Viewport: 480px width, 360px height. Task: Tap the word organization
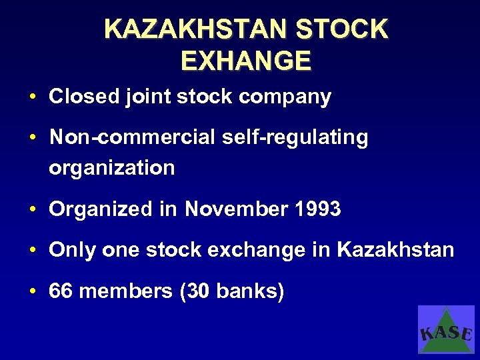[x=111, y=168]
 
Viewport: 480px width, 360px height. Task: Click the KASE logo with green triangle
[x=446, y=329]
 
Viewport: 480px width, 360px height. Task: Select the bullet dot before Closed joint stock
[x=32, y=97]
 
